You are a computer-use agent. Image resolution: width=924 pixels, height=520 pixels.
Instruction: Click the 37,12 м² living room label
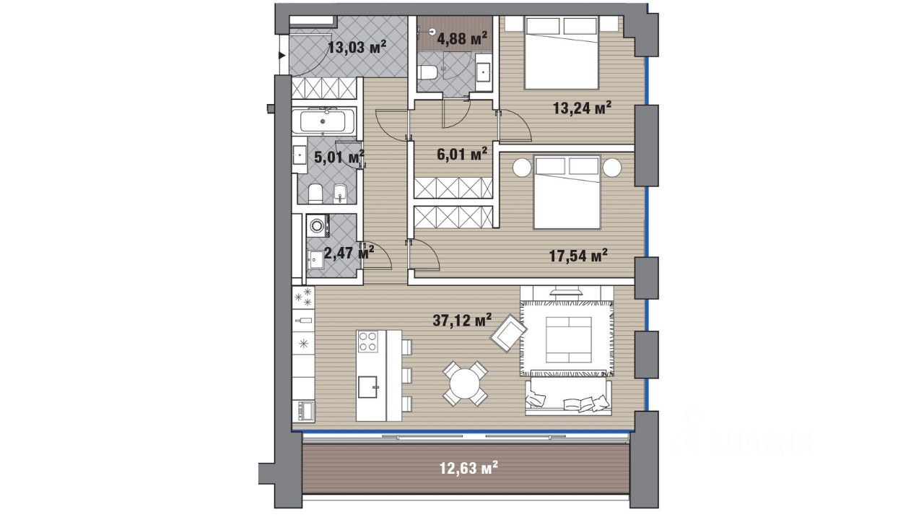pos(462,319)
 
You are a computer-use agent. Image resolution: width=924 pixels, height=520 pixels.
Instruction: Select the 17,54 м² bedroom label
pos(578,256)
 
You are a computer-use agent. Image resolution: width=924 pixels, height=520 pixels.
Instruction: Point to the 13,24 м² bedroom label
pos(582,108)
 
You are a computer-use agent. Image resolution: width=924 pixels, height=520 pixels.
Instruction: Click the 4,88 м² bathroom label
pos(462,38)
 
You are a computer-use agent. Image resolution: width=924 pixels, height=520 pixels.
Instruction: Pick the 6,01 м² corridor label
pos(462,154)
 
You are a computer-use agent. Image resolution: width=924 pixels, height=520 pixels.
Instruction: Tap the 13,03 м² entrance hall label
pos(357,47)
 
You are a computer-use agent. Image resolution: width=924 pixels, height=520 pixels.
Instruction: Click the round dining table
pos(465,383)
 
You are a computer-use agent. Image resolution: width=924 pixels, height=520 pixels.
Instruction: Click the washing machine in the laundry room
pos(318,225)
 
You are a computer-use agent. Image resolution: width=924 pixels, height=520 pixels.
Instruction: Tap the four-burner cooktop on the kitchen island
pos(368,342)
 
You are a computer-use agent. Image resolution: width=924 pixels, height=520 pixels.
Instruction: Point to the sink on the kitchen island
pos(367,386)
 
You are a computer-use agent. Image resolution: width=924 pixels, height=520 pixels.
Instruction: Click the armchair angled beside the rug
pos(508,333)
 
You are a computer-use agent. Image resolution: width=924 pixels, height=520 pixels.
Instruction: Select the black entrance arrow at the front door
pos(282,56)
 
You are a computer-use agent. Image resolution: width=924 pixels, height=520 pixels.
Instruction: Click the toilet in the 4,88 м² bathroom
pos(427,74)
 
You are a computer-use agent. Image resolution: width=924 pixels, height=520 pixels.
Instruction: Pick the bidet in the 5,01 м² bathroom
pos(339,193)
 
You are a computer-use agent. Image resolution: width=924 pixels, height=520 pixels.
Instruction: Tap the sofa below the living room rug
pos(568,396)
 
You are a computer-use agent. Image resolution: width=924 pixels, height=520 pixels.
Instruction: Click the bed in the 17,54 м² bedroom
pos(567,192)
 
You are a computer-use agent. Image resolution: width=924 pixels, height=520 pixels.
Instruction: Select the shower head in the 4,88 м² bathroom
pos(432,30)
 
